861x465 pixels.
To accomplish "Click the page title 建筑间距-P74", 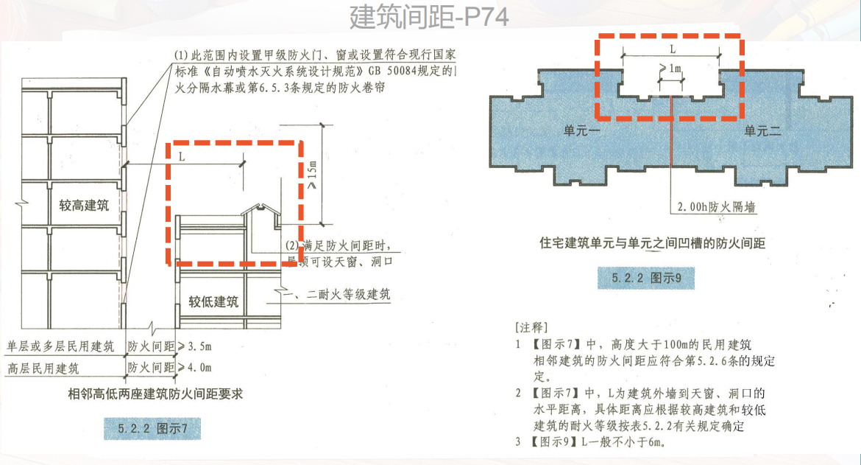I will [429, 16].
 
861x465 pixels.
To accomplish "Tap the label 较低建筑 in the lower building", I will [213, 301].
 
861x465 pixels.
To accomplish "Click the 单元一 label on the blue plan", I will [584, 130].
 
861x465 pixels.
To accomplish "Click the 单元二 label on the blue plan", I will [762, 130].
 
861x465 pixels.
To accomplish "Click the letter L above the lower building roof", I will [182, 156].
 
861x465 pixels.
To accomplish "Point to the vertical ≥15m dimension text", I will [312, 179].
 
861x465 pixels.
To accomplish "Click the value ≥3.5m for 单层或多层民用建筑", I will [195, 346].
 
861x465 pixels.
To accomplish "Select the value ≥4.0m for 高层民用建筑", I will [195, 367].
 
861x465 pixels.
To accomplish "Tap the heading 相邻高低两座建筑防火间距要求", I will [155, 394].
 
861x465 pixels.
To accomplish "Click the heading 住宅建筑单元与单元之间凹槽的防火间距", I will [652, 242].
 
